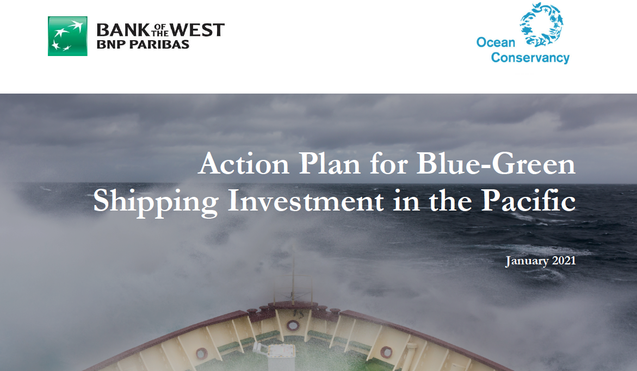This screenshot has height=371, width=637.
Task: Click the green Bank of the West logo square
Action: pos(67,36)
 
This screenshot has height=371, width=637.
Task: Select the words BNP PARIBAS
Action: pos(143,45)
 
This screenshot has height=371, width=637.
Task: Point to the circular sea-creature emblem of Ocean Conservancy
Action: pos(541,24)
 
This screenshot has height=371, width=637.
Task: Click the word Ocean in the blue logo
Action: pos(496,42)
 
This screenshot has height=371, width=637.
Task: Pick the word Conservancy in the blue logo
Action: pos(530,58)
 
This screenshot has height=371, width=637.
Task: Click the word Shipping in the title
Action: pos(156,201)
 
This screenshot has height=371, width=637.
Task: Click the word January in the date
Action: pos(527,261)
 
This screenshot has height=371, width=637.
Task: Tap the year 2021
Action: pos(564,261)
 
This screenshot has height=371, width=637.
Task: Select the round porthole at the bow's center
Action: pos(293,325)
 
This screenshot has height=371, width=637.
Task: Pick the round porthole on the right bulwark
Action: pos(386,352)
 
